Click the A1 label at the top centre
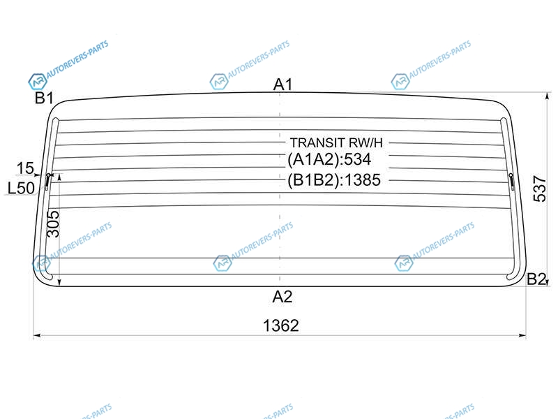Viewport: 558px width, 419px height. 282,84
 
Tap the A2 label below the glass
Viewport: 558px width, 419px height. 282,296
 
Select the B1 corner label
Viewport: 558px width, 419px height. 44,98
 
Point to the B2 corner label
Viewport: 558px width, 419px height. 536,279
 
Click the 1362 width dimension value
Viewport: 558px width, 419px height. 281,325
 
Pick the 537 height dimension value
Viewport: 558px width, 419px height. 540,189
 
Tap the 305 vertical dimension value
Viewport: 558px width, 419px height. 54,223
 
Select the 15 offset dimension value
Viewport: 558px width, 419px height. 25,168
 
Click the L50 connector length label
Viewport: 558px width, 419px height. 21,188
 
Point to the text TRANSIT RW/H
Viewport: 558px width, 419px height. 336,142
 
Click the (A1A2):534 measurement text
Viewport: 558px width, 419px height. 329,159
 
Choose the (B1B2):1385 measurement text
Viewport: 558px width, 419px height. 334,180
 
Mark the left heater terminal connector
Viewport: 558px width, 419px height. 47,182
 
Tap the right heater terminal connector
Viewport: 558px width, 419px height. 512,182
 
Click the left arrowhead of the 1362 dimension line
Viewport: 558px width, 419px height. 36,335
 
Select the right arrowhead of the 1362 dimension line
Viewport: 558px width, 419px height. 522,335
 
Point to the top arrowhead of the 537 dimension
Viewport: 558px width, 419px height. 548,96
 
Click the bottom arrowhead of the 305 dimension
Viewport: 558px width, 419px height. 59,283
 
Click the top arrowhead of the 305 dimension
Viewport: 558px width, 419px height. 59,177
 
